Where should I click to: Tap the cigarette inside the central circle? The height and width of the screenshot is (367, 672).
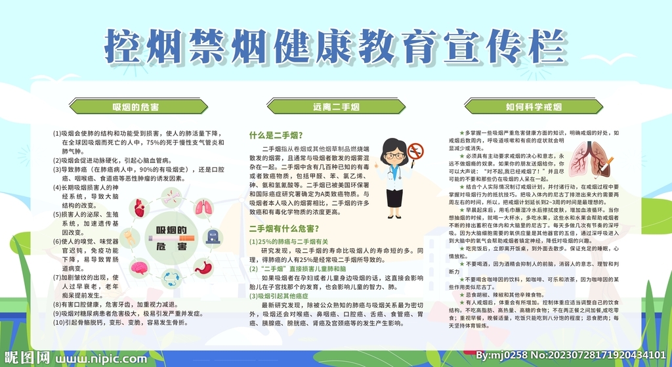172,238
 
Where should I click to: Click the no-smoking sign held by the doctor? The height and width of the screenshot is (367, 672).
415,152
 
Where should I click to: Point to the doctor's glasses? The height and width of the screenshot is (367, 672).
393,156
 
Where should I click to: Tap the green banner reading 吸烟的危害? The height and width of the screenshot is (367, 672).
136,106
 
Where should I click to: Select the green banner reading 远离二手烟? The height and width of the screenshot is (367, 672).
335,106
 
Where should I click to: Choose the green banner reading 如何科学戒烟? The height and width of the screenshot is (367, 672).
534,106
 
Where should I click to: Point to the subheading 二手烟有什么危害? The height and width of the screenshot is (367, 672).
284,229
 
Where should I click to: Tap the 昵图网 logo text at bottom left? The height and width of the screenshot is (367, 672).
26,358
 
